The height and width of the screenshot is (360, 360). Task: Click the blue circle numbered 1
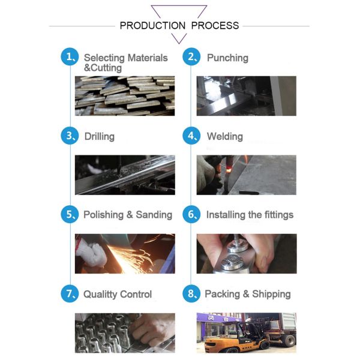tap(70, 57)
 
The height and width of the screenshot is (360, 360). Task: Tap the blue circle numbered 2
tap(191, 57)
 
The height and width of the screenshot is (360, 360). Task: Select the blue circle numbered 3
tap(70, 136)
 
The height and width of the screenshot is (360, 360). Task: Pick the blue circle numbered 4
tap(191, 136)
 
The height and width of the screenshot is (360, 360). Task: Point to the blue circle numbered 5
tap(70, 214)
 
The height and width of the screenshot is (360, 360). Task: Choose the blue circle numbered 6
tap(191, 214)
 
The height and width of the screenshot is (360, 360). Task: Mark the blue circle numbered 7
tap(70, 293)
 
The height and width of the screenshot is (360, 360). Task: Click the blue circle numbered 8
tap(191, 293)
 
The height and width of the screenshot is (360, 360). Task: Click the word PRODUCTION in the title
tap(152, 25)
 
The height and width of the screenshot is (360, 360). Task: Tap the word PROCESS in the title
tap(215, 25)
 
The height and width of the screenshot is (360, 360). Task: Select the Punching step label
tap(227, 58)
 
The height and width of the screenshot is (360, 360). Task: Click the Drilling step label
tap(100, 137)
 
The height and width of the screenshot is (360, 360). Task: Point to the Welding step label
tap(225, 137)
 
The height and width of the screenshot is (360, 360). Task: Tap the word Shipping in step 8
tap(271, 295)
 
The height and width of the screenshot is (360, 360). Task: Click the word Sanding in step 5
tap(154, 215)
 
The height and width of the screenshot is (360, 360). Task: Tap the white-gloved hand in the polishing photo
tap(91, 253)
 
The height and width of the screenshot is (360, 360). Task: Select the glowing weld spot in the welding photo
tap(229, 170)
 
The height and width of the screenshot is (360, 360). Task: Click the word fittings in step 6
tap(279, 215)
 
